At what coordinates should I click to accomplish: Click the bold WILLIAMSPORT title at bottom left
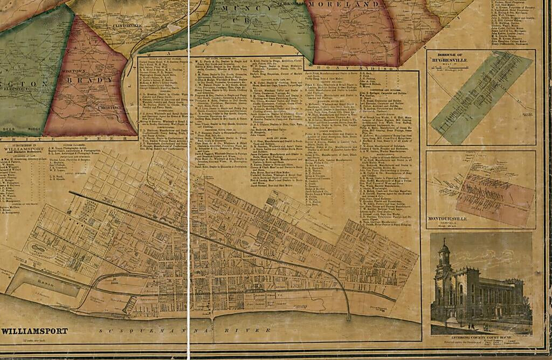pyautogui.click(x=34, y=331)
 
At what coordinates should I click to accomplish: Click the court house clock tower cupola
pyautogui.click(x=444, y=251)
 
